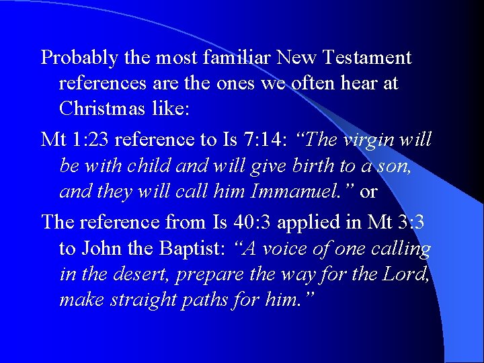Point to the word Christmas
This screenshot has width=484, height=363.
(x=99, y=109)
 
